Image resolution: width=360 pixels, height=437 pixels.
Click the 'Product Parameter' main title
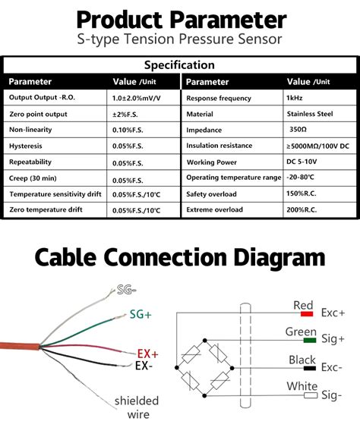tap(180, 18)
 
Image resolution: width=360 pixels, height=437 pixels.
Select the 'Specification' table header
tap(180, 64)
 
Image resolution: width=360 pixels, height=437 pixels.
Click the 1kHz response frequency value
tap(294, 98)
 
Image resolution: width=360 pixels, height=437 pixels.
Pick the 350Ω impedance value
tap(298, 130)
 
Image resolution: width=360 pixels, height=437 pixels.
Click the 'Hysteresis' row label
tap(26, 146)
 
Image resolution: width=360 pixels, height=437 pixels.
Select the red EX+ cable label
tap(147, 354)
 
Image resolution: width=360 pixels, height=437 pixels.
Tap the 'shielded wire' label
tap(137, 407)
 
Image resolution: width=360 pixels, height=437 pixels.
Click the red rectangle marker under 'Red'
tap(306, 313)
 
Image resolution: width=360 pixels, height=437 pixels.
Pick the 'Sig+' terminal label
tap(333, 339)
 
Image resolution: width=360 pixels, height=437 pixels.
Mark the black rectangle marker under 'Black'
tap(308, 368)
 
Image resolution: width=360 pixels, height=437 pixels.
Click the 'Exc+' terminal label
tap(333, 312)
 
